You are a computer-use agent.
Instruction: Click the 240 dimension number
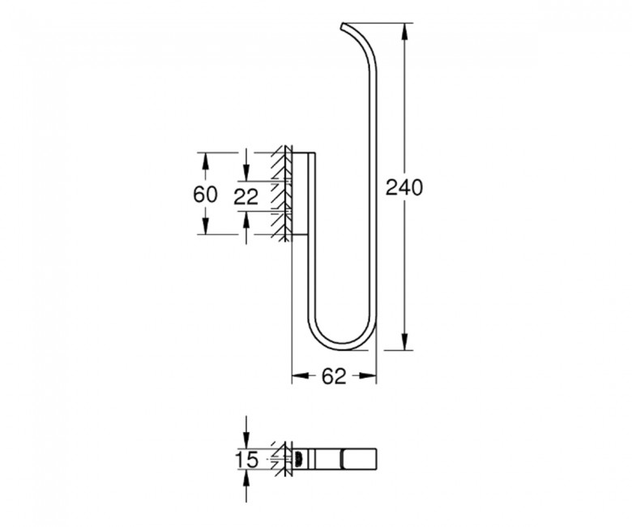404,187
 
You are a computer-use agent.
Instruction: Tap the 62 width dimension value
334,376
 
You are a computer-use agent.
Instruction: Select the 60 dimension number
205,195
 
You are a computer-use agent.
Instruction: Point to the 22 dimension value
246,197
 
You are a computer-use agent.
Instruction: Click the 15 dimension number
246,460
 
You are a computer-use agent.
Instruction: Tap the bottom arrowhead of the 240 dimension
404,341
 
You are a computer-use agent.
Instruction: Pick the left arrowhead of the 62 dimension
300,376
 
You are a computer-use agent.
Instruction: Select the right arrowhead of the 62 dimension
367,376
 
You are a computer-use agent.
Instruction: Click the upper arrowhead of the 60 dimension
205,161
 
